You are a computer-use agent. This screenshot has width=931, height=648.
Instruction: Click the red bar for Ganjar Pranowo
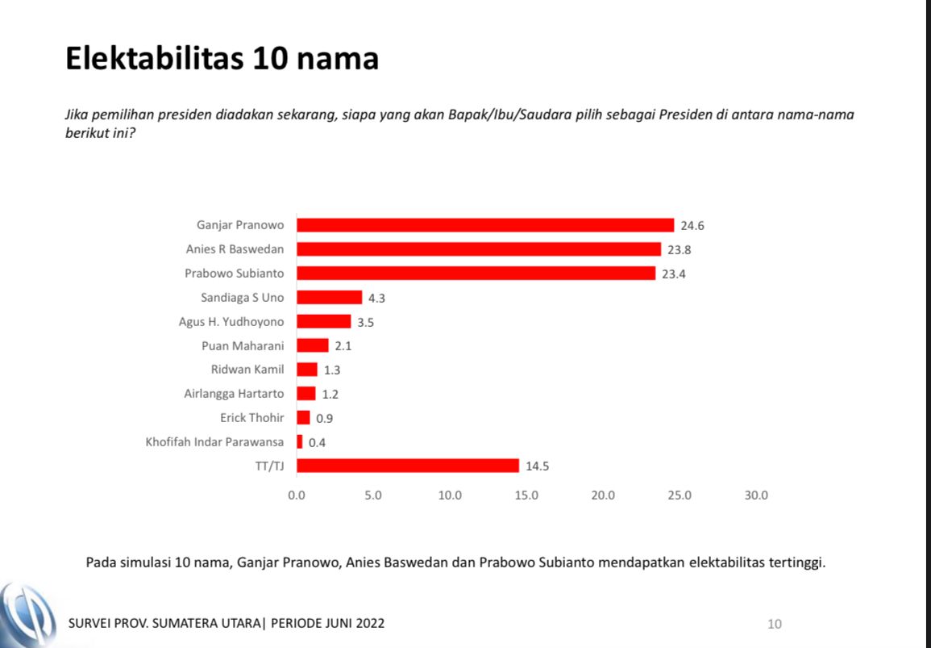tap(485, 225)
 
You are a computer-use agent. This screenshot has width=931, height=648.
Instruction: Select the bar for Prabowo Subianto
tap(476, 274)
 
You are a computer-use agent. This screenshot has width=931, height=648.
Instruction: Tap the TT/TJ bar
tap(408, 466)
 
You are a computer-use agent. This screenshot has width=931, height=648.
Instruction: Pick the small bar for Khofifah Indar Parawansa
tap(300, 442)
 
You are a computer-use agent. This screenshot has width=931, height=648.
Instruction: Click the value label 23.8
tap(680, 249)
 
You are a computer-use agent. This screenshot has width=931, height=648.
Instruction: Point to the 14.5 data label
tap(538, 466)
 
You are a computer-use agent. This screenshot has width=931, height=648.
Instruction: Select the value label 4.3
tap(377, 298)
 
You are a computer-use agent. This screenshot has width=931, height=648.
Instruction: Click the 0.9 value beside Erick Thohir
tap(325, 418)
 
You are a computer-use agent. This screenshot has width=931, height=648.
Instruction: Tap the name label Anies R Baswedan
tap(235, 249)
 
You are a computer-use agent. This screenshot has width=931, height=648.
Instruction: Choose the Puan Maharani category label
tap(243, 345)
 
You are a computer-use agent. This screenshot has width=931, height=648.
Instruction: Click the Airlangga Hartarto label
tap(234, 394)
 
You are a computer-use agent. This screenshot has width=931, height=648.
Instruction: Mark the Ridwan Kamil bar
tap(307, 370)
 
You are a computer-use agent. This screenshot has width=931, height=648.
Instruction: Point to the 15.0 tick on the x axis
tap(526, 495)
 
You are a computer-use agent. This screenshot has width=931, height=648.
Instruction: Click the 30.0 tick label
tap(756, 495)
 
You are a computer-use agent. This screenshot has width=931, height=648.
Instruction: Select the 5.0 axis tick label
tap(373, 495)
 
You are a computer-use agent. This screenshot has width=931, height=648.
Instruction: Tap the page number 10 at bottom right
tap(774, 624)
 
